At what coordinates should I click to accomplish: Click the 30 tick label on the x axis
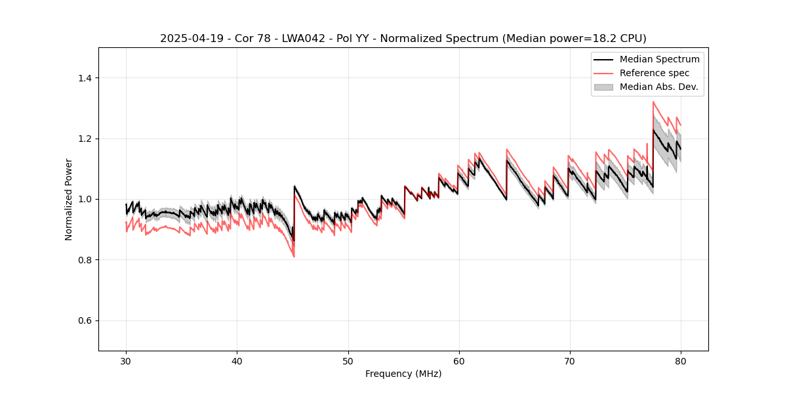pyautogui.click(x=126, y=361)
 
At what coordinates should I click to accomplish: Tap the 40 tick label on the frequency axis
pyautogui.click(x=237, y=361)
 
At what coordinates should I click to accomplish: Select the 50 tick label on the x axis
pyautogui.click(x=348, y=361)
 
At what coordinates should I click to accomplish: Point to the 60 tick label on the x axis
pyautogui.click(x=458, y=361)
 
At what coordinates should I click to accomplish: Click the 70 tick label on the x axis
pyautogui.click(x=569, y=361)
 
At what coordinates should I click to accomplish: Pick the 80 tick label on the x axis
pyautogui.click(x=680, y=361)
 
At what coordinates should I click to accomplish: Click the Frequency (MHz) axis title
pyautogui.click(x=403, y=374)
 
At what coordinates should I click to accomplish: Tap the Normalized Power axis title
pyautogui.click(x=69, y=199)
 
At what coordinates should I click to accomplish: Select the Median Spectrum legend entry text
pyautogui.click(x=659, y=59)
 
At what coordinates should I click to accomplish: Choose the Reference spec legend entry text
pyautogui.click(x=655, y=73)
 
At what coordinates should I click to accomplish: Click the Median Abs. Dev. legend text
pyautogui.click(x=658, y=87)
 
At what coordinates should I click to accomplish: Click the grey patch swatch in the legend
pyautogui.click(x=603, y=87)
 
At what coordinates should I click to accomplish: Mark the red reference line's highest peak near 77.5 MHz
pyautogui.click(x=653, y=102)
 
